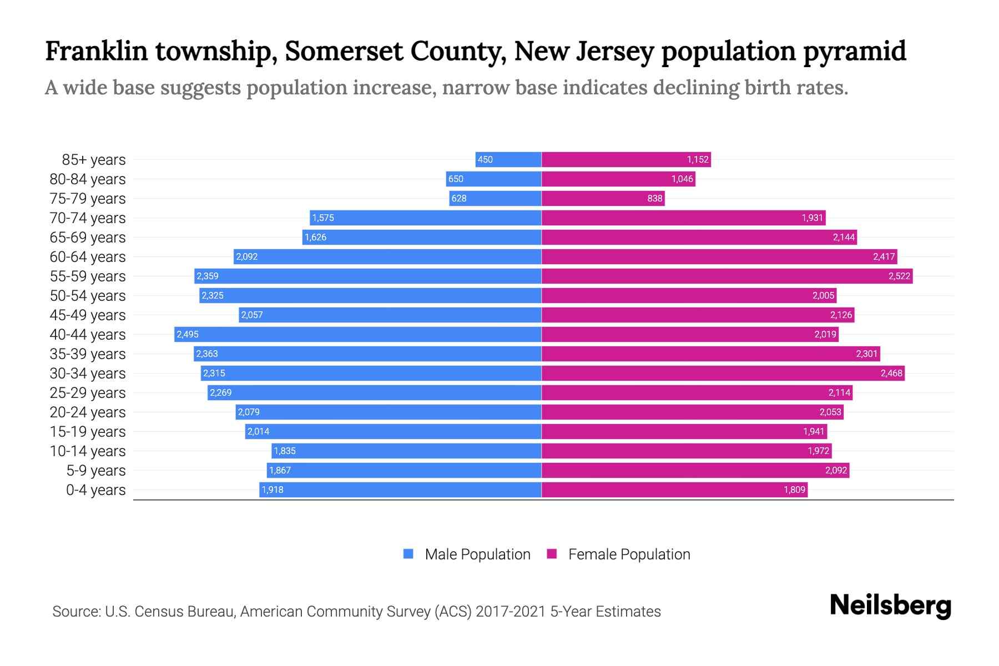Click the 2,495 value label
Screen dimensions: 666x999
(188, 335)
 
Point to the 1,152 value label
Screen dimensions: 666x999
(698, 160)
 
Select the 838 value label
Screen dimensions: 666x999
(655, 199)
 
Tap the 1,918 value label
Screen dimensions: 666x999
(273, 490)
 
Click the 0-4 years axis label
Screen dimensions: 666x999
(95, 490)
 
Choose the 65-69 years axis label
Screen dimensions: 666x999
(88, 238)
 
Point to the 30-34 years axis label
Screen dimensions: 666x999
(88, 374)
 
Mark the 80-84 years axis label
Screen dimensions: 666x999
(88, 179)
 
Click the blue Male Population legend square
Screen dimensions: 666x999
(408, 554)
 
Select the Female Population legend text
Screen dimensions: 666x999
(629, 554)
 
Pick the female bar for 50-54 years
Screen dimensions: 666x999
(688, 296)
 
